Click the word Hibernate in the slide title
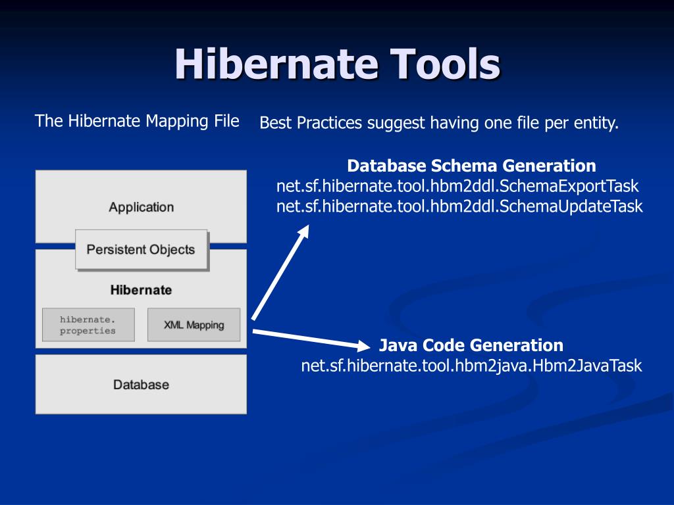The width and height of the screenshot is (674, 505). click(276, 65)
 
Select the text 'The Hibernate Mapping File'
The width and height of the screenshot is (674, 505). click(137, 121)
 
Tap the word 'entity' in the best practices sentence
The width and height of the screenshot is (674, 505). click(597, 123)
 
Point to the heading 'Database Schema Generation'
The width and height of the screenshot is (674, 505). click(471, 165)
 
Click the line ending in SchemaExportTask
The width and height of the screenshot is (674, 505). click(457, 186)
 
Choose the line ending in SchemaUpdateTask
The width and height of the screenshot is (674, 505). click(459, 206)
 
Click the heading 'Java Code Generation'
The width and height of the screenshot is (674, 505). click(471, 345)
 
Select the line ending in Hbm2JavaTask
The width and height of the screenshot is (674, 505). click(471, 366)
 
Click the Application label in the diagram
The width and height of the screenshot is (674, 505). click(141, 207)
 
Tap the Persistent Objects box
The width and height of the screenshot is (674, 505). click(141, 250)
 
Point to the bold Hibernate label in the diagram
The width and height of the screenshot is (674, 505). click(141, 290)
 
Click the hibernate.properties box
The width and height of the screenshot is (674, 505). click(88, 325)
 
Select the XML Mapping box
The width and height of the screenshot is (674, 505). click(194, 325)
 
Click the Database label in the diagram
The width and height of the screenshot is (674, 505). click(141, 385)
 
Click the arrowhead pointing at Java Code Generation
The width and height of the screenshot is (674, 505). click(366, 345)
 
